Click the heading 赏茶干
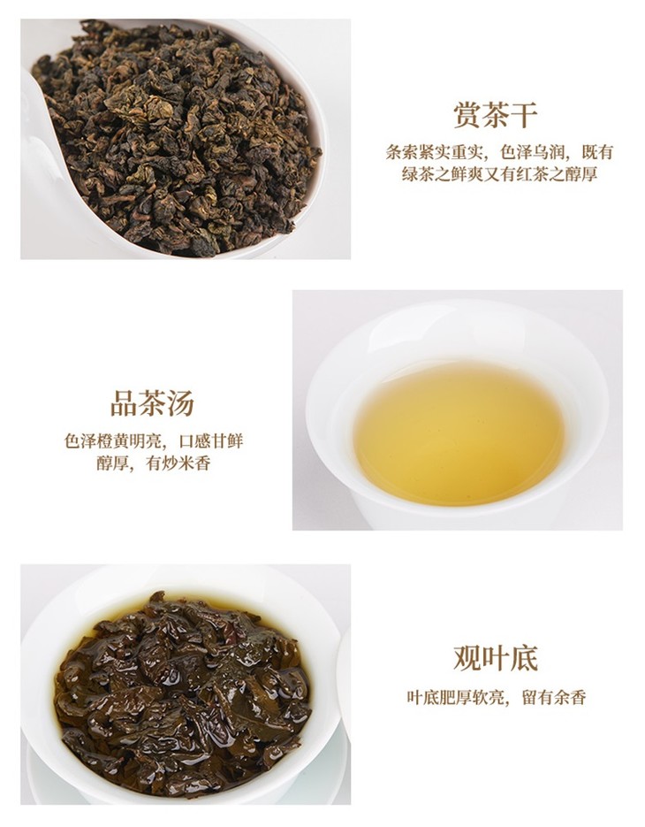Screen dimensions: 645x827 [495, 114]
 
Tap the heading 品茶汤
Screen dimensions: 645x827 [152, 403]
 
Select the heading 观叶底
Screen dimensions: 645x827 [495, 658]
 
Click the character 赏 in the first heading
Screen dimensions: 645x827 [467, 114]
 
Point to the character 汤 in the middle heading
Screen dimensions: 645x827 [180, 403]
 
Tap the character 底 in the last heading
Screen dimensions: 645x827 [523, 658]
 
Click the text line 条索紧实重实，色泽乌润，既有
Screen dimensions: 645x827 [499, 152]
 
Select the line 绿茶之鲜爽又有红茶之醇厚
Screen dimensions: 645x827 [499, 174]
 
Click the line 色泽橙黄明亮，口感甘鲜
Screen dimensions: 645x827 [154, 441]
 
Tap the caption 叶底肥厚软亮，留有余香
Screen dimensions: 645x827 [496, 697]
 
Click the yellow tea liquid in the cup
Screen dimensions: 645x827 [459, 433]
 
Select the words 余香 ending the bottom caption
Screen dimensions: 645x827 [570, 697]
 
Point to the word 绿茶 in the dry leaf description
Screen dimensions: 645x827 [418, 174]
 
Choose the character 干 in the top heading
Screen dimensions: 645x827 [523, 114]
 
